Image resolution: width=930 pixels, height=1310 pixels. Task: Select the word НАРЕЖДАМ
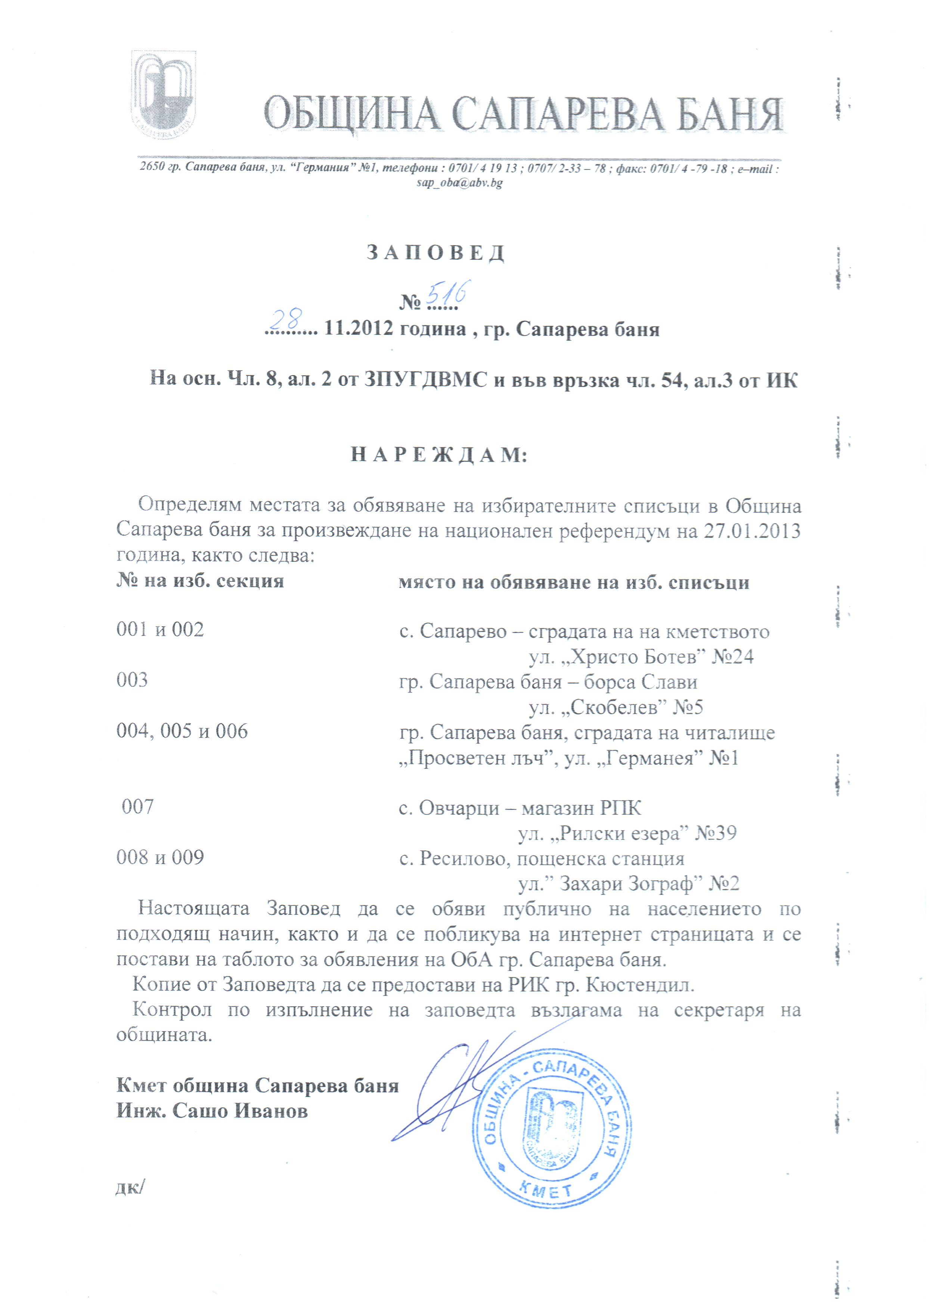pos(438,455)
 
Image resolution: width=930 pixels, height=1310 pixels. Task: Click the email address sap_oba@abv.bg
pos(460,183)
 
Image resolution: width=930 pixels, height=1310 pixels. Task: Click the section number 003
pos(132,680)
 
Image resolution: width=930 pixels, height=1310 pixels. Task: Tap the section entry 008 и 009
pos(160,857)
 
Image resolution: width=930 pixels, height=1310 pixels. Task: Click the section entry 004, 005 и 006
pos(182,731)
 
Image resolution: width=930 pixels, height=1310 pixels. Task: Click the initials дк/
pos(130,1188)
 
